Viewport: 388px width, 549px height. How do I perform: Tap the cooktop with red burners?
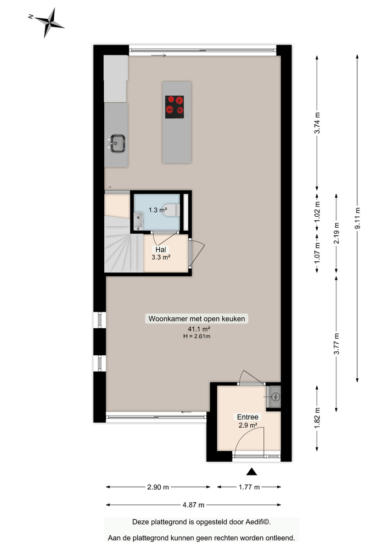click(x=175, y=107)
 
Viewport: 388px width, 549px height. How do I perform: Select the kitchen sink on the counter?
click(x=117, y=144)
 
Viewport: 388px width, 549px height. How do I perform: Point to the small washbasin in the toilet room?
click(x=138, y=221)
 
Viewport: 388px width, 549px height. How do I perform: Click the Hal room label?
click(x=160, y=250)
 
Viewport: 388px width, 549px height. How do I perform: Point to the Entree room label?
click(x=248, y=417)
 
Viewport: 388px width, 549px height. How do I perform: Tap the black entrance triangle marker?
click(x=251, y=472)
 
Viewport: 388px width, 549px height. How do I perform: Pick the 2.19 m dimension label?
click(x=337, y=233)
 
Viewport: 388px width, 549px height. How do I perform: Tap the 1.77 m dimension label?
click(x=249, y=487)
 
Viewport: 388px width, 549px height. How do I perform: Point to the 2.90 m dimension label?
click(x=158, y=487)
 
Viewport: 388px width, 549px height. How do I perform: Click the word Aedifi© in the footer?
click(x=257, y=522)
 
